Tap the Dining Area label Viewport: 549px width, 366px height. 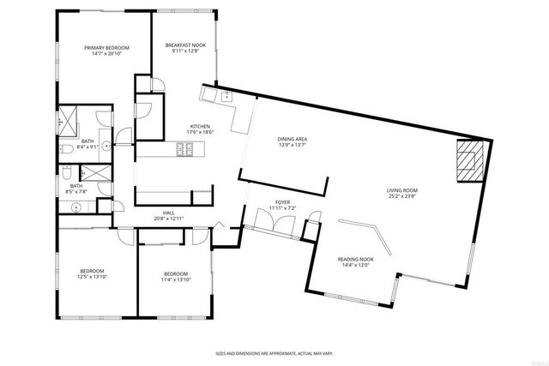(293, 139)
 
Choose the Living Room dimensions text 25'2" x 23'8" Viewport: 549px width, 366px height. (401, 196)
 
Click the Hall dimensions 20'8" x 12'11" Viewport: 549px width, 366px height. (169, 219)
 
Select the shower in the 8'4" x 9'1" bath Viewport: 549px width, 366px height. (68, 121)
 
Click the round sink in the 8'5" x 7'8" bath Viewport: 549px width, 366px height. (76, 207)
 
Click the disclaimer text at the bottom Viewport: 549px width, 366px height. (274, 352)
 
